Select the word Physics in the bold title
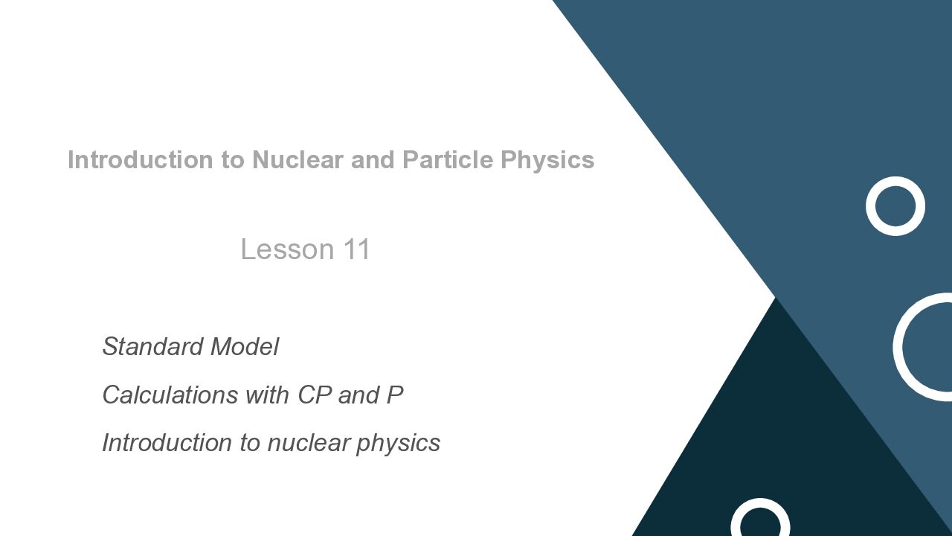click(x=547, y=161)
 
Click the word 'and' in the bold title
click(x=373, y=160)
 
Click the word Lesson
click(x=288, y=249)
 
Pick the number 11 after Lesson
click(x=357, y=249)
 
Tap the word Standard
click(x=153, y=346)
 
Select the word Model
click(x=245, y=346)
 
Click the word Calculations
click(x=170, y=395)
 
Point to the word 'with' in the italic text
click(x=268, y=395)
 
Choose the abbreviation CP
click(x=315, y=395)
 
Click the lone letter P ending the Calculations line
click(x=395, y=395)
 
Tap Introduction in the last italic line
click(x=167, y=442)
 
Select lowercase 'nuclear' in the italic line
click(x=309, y=443)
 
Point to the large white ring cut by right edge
click(x=898, y=347)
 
